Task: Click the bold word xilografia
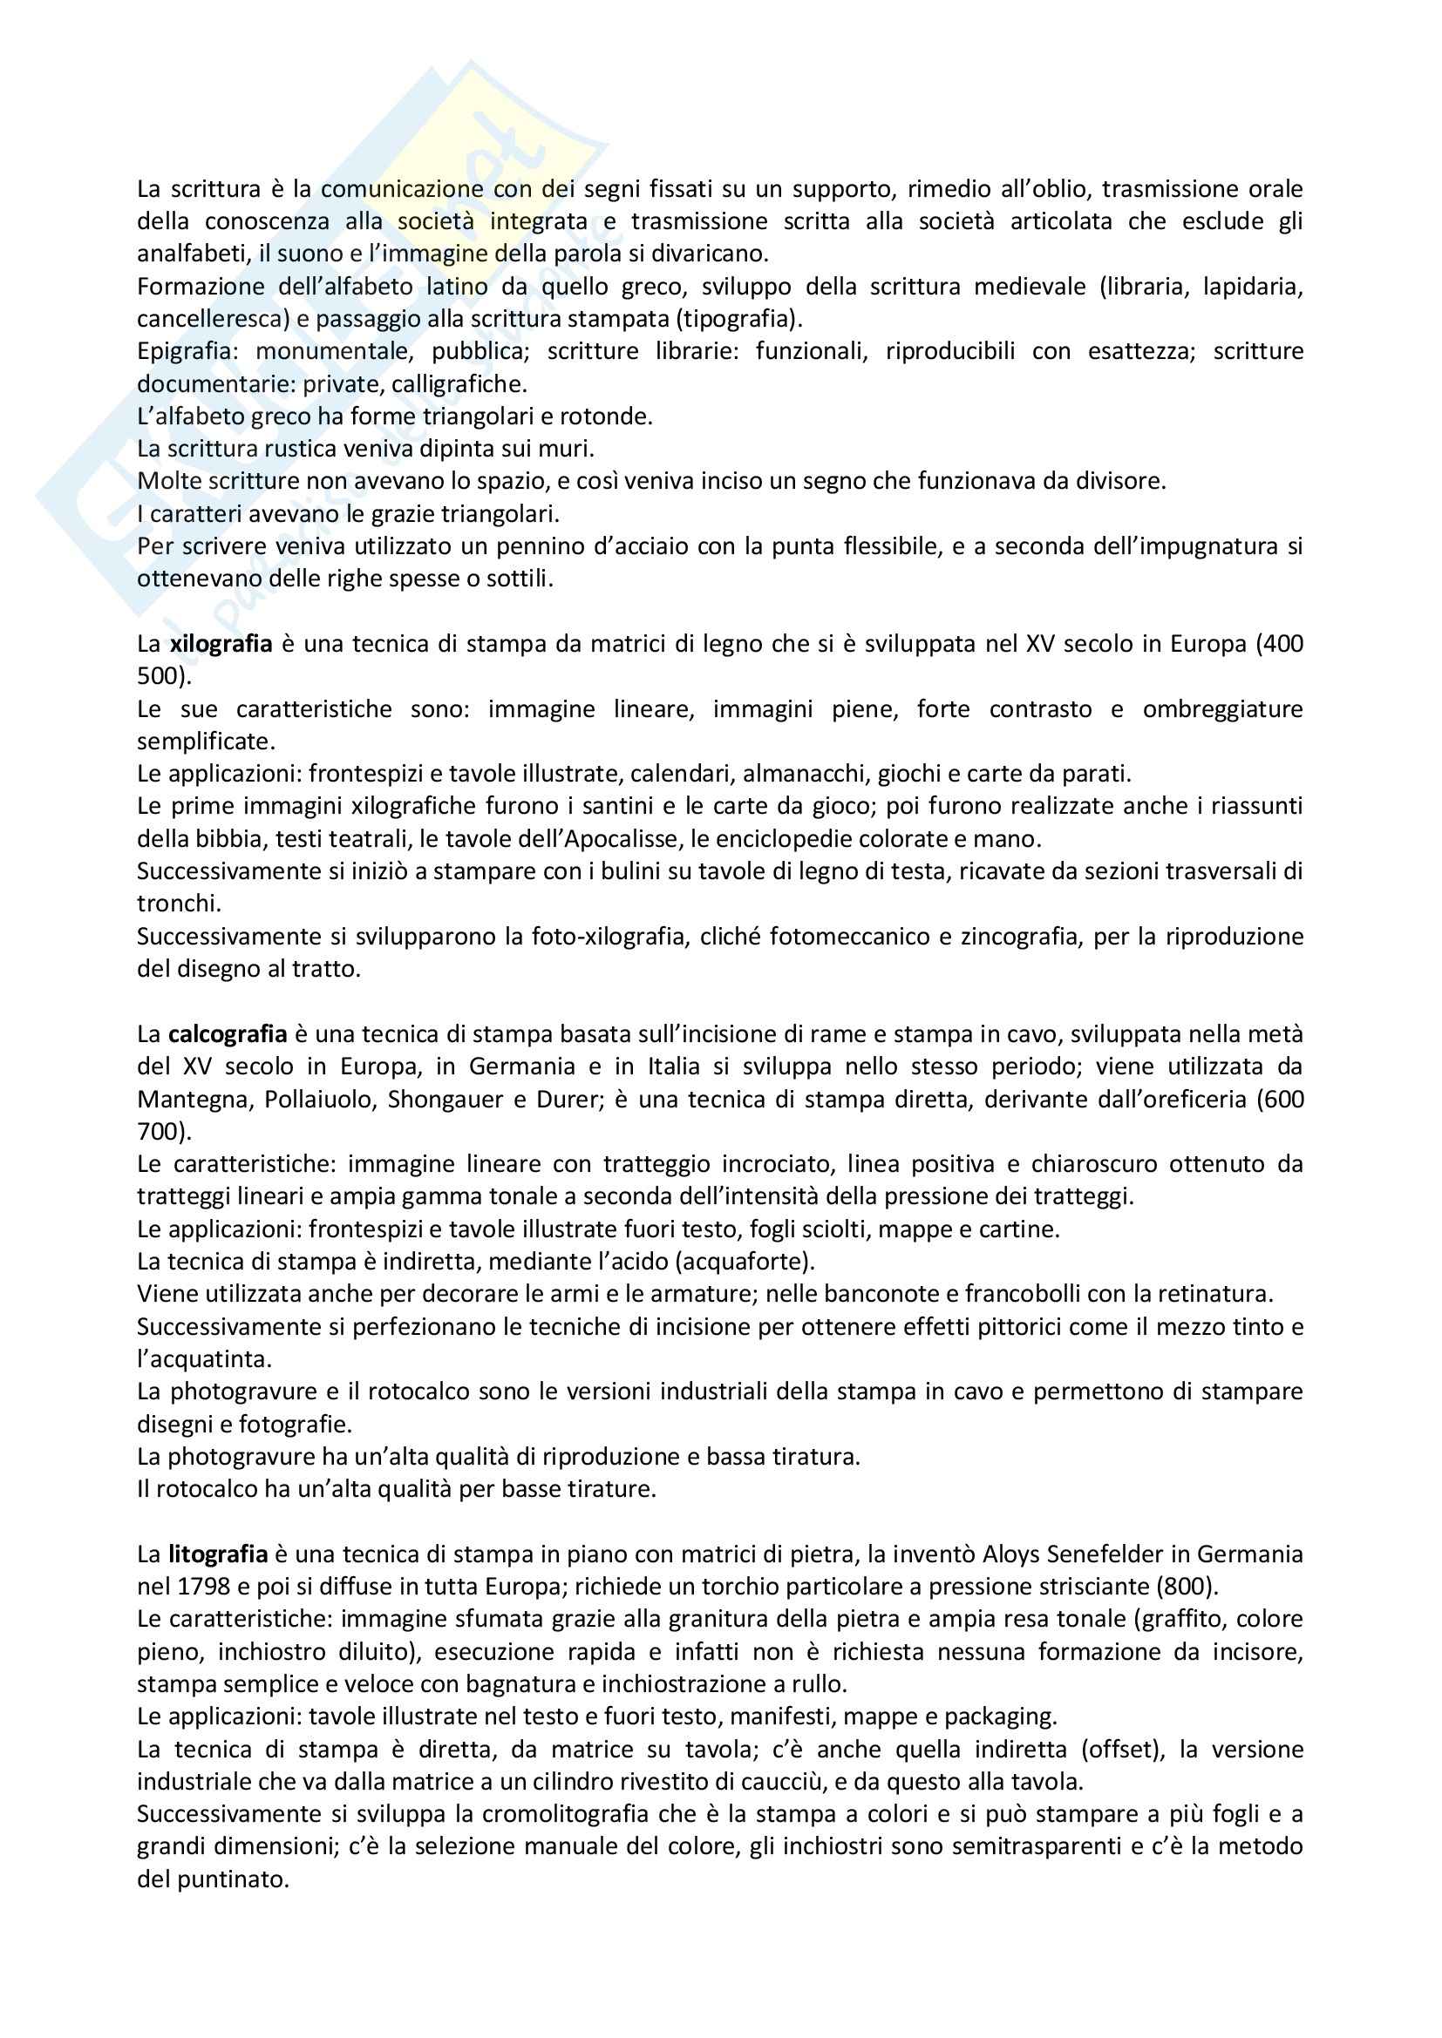[x=221, y=644]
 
